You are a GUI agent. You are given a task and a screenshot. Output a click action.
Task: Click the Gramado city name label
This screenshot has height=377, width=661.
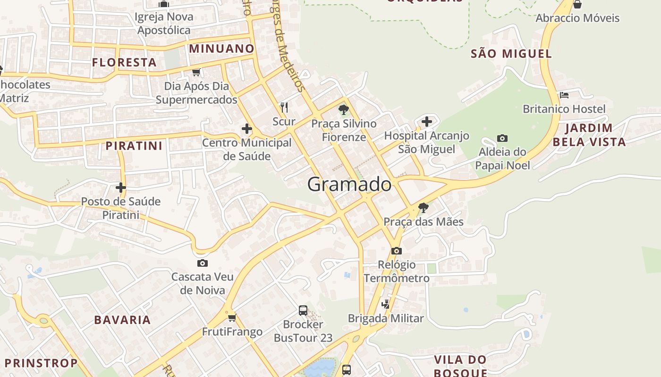pyautogui.click(x=349, y=184)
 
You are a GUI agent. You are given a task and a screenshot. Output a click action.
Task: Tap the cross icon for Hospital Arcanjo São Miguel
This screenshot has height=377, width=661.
pyautogui.click(x=427, y=122)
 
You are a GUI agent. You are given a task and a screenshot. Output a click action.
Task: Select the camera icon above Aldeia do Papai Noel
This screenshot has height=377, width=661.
pyautogui.click(x=502, y=138)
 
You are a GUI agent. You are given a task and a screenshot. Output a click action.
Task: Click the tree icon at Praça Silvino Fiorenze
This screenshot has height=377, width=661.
pyautogui.click(x=343, y=110)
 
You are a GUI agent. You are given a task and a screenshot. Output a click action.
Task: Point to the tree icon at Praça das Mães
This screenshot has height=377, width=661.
pyautogui.click(x=424, y=207)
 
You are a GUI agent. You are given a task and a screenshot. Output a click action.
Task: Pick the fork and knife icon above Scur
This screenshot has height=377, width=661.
pyautogui.click(x=284, y=107)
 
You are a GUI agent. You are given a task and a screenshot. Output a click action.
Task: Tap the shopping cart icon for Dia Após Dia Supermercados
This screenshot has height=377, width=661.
pyautogui.click(x=196, y=72)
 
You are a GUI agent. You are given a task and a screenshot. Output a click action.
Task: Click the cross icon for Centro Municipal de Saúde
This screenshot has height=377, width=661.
pyautogui.click(x=246, y=128)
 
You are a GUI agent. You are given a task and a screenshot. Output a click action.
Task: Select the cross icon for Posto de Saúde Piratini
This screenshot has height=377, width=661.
pyautogui.click(x=121, y=188)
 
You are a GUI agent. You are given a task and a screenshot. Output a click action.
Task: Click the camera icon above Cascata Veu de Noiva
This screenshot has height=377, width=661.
pyautogui.click(x=203, y=263)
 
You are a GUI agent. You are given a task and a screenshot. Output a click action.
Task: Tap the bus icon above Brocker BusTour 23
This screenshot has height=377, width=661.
pyautogui.click(x=303, y=311)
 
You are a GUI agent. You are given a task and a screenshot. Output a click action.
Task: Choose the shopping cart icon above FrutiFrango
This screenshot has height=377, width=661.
pyautogui.click(x=232, y=318)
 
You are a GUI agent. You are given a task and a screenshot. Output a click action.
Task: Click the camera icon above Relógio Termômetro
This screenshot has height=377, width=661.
pyautogui.click(x=397, y=251)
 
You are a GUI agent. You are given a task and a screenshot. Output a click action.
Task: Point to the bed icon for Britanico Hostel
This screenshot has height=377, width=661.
pyautogui.click(x=564, y=95)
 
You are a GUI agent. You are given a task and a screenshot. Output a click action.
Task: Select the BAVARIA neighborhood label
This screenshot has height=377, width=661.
pyautogui.click(x=122, y=320)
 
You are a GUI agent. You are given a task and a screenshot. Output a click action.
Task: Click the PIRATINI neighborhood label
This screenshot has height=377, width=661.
pyautogui.click(x=134, y=146)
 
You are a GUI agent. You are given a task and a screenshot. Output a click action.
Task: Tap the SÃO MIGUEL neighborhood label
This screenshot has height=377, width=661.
pyautogui.click(x=511, y=54)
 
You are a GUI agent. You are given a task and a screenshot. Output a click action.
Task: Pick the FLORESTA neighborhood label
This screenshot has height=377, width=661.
pyautogui.click(x=124, y=62)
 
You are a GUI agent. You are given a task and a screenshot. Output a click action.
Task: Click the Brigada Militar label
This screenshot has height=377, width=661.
pyautogui.click(x=386, y=318)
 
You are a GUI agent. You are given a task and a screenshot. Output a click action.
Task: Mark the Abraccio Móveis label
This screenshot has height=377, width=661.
pyautogui.click(x=577, y=18)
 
